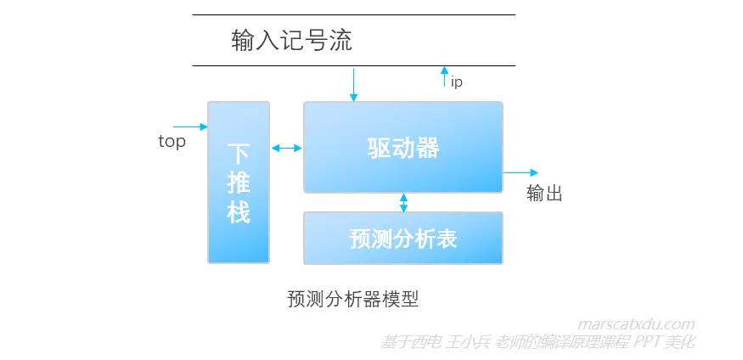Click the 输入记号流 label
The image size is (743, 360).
coord(291,40)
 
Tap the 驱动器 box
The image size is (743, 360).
coord(403,148)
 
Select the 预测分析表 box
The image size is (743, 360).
coord(403,239)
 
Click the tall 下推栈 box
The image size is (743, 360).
coord(239,183)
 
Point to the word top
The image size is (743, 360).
coord(172,142)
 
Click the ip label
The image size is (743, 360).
coord(457,82)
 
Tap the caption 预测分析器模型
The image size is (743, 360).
coord(353,299)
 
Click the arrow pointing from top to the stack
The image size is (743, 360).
coord(191,127)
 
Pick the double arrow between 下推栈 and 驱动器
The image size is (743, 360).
coord(287,149)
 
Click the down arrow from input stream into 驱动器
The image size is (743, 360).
coord(354,83)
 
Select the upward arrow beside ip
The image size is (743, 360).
coord(443,77)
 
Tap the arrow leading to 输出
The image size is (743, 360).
coord(521,172)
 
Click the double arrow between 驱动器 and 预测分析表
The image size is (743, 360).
coord(403,202)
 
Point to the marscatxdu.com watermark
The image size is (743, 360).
coord(636,323)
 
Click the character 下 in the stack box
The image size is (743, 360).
coord(239,154)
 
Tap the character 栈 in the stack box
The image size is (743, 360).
coord(239,212)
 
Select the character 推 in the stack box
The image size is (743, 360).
coord(239,183)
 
